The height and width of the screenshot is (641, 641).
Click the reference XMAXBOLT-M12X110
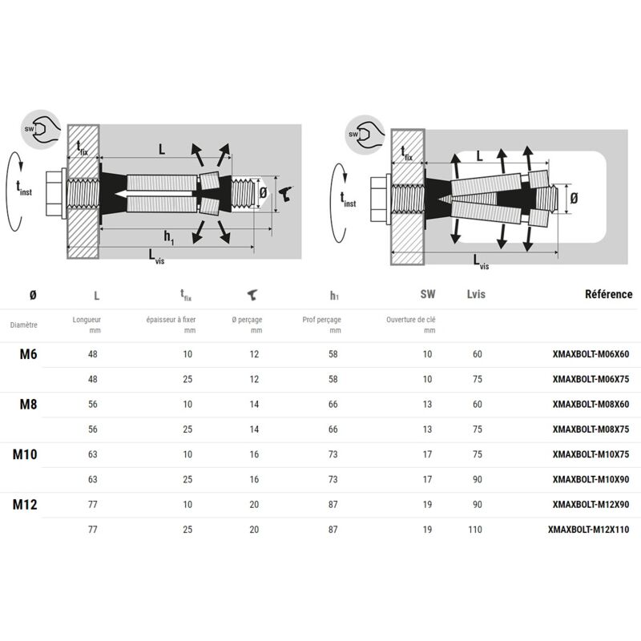point(590,530)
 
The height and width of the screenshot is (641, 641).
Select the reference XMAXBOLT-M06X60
point(592,353)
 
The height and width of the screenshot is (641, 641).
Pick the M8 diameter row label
point(29,404)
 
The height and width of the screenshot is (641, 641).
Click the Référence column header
point(609,294)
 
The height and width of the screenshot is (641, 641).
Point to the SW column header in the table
point(427,294)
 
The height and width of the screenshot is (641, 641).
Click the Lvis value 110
point(476,530)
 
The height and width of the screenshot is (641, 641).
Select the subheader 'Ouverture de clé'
point(410,320)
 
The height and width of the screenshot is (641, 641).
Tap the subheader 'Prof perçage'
point(322,320)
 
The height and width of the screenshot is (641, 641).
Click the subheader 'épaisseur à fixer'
point(171,320)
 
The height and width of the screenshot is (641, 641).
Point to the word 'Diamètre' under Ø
point(24,325)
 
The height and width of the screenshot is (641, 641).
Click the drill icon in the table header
point(252,295)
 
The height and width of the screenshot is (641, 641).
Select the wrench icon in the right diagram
point(365,133)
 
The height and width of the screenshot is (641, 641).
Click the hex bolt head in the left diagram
point(54,193)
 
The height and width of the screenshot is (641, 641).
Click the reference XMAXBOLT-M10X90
point(592,479)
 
